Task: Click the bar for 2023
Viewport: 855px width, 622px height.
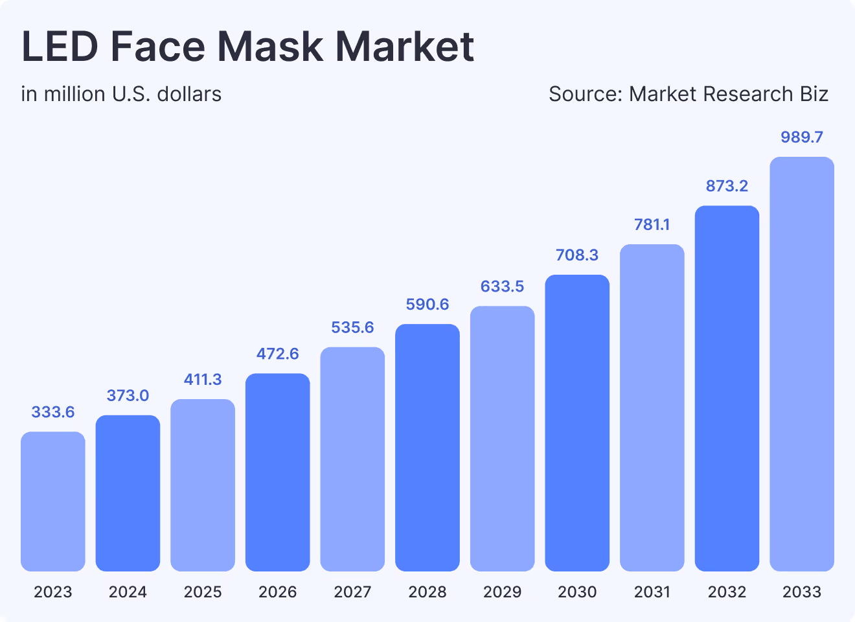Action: [53, 501]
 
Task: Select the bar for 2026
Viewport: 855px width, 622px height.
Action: [278, 472]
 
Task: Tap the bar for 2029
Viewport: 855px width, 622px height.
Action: [503, 439]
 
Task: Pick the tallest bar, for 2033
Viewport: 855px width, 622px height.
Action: [802, 364]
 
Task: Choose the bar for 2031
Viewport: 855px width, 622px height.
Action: [652, 408]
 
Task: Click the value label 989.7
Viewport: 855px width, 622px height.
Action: [802, 137]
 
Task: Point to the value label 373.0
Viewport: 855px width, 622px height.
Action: [128, 395]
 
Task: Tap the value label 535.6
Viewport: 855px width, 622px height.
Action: [352, 327]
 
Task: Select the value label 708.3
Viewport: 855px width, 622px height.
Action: [577, 255]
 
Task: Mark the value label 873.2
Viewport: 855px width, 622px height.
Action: [727, 186]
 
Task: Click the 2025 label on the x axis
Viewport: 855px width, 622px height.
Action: [203, 592]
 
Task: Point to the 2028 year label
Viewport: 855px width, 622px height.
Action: [427, 592]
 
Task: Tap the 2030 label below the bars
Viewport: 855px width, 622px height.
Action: [577, 592]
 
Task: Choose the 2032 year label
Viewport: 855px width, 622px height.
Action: [727, 592]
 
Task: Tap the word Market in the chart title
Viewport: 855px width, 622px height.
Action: [405, 47]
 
